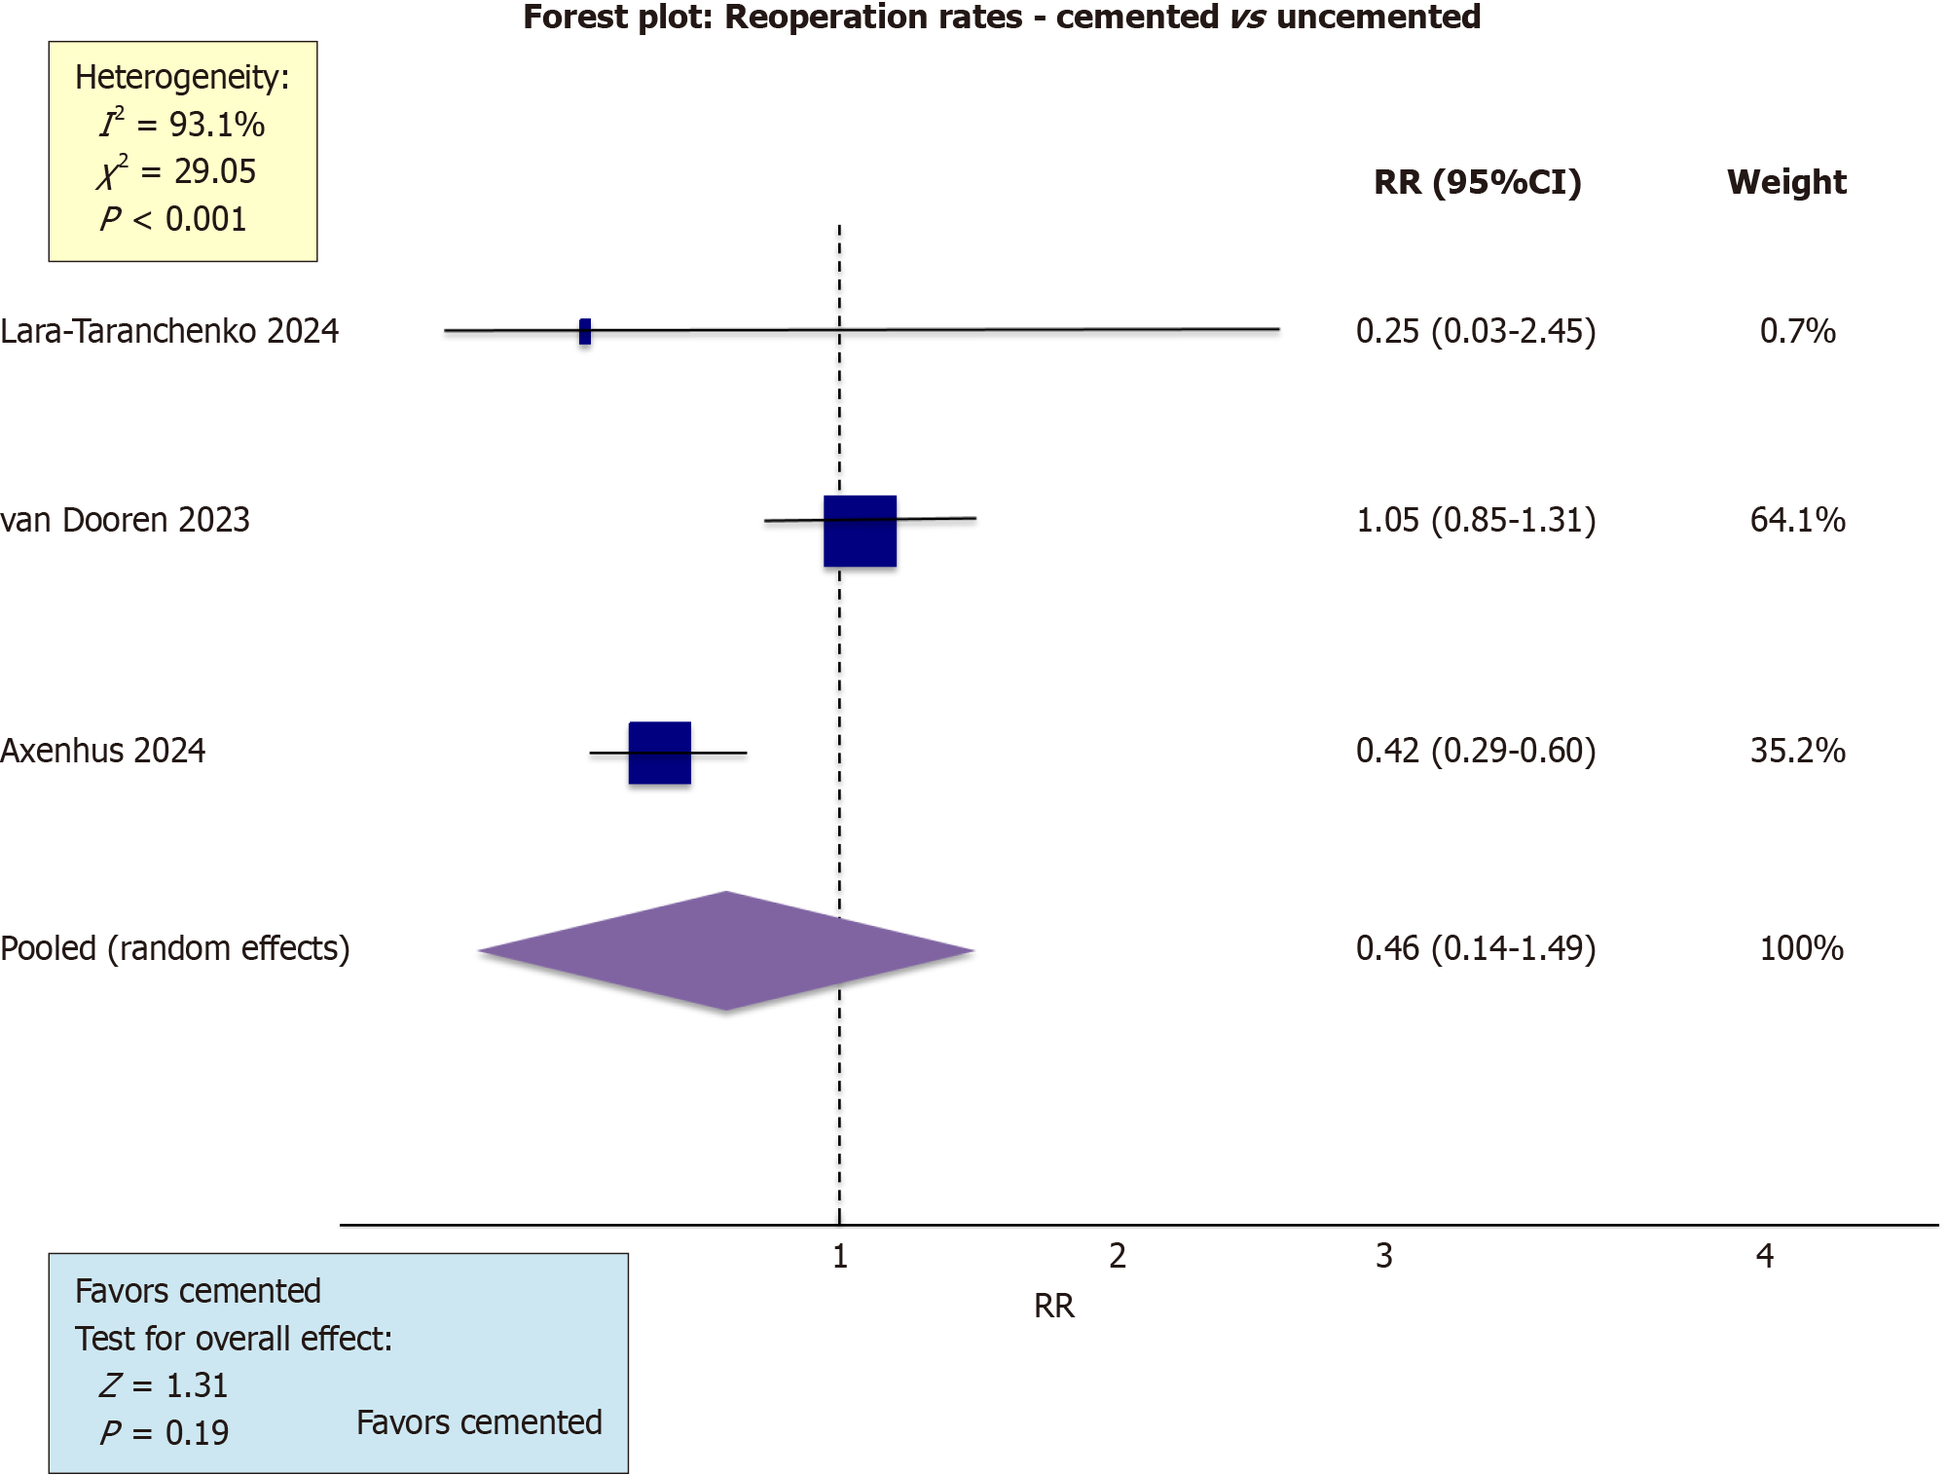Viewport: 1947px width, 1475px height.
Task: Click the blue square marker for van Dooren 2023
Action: point(860,531)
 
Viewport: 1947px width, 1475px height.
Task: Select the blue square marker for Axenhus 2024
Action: point(659,753)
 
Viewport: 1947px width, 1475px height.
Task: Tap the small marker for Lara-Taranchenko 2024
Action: point(584,331)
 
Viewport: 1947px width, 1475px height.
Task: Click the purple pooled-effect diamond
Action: point(726,950)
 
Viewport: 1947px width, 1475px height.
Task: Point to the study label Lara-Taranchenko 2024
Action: point(169,331)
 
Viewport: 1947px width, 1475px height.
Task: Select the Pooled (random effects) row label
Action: point(175,948)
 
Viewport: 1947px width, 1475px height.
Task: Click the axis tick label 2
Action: point(1117,1256)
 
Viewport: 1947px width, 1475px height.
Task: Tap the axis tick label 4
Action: point(1764,1256)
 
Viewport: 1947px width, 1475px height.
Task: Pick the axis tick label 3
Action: point(1383,1256)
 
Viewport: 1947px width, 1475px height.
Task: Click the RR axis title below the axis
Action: point(1053,1306)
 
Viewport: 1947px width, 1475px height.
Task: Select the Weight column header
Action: point(1786,182)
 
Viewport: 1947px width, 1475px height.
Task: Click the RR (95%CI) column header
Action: point(1477,182)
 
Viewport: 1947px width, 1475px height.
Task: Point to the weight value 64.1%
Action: point(1797,520)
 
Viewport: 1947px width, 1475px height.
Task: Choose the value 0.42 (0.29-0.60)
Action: point(1476,751)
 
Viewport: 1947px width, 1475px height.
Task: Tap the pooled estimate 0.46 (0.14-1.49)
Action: point(1476,948)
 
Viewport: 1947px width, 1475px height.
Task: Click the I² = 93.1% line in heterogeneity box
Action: point(182,125)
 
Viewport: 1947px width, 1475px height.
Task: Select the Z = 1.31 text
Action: point(164,1385)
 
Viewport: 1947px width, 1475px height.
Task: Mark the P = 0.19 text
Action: point(165,1433)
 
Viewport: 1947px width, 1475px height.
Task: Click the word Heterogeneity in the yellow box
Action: point(182,77)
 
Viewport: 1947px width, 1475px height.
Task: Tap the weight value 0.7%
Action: point(1797,331)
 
